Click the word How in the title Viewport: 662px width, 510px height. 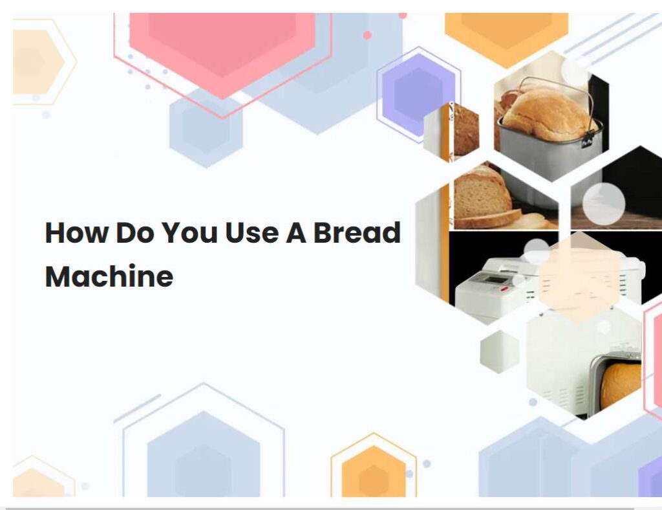coord(76,232)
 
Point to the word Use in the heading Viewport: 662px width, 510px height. coord(251,232)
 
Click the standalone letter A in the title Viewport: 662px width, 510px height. coord(296,232)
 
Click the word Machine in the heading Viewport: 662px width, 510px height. coord(109,276)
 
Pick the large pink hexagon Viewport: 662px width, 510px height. coord(222,50)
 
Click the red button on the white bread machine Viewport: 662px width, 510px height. coord(504,289)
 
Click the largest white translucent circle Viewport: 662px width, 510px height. coord(604,203)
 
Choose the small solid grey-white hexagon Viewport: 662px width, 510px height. coord(500,351)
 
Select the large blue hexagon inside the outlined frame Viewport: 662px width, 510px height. coord(204,454)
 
